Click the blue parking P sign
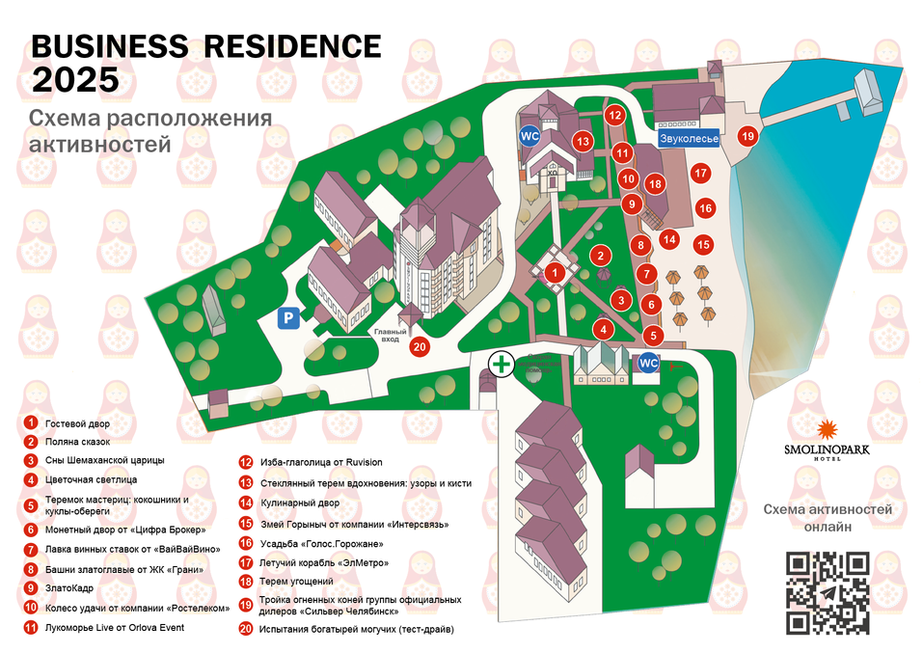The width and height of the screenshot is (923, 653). (287, 318)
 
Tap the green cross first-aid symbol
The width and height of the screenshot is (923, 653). (501, 364)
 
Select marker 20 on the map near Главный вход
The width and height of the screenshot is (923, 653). (419, 346)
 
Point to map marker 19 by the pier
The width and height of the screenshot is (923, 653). (747, 137)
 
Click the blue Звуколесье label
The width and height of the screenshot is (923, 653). (689, 139)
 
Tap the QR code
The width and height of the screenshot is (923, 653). (828, 592)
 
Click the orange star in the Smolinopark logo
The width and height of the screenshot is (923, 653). (827, 430)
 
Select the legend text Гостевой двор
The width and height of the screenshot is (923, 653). (78, 423)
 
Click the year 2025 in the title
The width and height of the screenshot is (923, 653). (76, 79)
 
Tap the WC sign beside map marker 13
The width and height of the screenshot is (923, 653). (529, 135)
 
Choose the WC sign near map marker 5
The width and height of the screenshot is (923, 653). (648, 364)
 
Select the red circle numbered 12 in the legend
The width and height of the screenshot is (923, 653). (246, 462)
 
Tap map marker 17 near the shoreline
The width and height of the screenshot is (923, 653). (701, 174)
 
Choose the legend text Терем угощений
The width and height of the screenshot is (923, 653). (297, 582)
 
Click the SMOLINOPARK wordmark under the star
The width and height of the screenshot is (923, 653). (827, 449)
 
